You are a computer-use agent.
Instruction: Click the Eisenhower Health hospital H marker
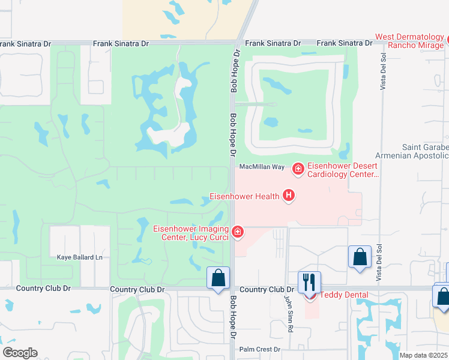[x=289, y=196]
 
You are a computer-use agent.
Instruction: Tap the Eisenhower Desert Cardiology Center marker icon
[x=297, y=170]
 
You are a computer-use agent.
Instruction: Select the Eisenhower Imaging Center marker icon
[x=238, y=232]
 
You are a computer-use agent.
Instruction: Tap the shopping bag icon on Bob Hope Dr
[x=218, y=278]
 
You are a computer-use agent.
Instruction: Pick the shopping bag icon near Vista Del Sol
[x=360, y=257]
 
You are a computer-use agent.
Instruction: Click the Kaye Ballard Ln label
[x=80, y=257]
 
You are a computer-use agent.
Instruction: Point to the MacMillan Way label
[x=261, y=167]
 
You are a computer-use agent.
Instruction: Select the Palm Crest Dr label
[x=260, y=349]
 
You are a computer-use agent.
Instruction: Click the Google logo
[x=20, y=353]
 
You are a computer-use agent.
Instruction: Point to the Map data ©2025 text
[x=423, y=355]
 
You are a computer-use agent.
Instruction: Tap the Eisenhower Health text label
[x=244, y=196]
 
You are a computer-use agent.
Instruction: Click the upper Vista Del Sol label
[x=382, y=71]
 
